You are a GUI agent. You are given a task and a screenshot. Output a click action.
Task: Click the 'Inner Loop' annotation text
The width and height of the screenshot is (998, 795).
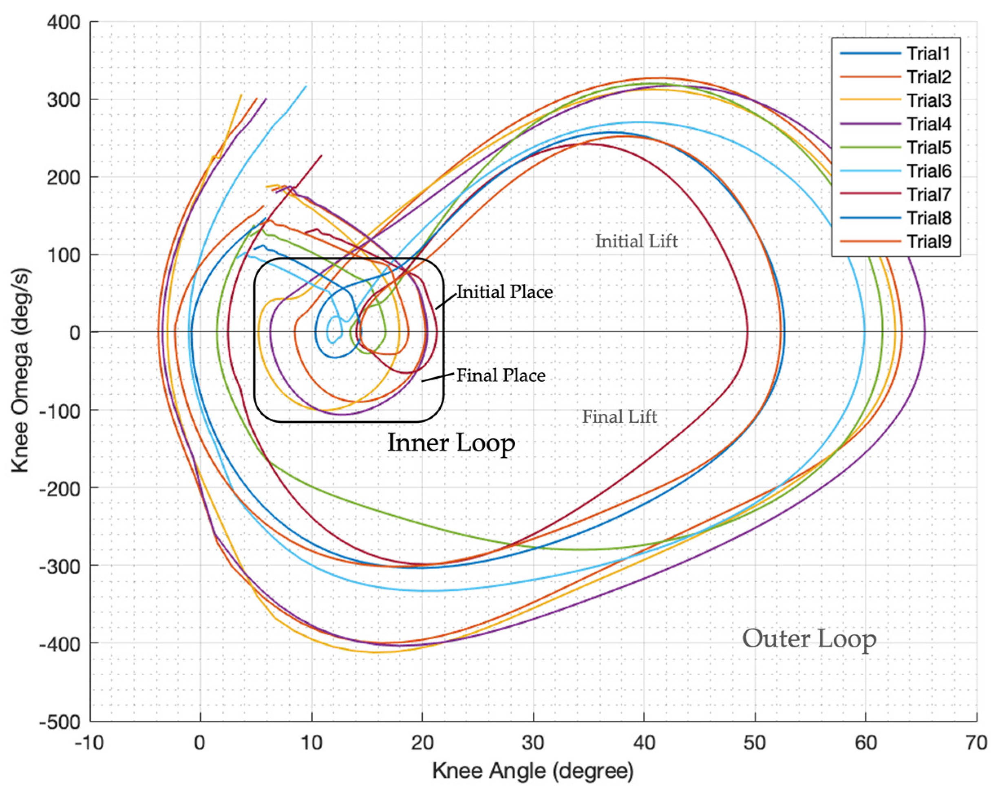coord(451,443)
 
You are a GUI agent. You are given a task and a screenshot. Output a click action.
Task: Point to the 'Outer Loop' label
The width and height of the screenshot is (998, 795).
coord(809,639)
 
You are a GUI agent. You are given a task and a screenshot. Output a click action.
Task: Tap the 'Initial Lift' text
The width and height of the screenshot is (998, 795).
coord(636,241)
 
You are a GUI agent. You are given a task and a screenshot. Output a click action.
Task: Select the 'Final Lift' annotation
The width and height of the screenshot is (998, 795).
coord(619,417)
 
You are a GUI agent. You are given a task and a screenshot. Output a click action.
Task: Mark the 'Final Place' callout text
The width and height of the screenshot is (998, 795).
coord(501,375)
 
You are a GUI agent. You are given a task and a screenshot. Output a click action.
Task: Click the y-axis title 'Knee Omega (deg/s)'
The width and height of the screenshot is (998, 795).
coord(20,371)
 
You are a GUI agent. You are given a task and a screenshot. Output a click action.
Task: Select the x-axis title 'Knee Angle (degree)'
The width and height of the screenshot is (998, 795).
coord(533,771)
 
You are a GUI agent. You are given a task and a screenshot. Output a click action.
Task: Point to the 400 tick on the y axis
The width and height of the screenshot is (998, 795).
coord(64,22)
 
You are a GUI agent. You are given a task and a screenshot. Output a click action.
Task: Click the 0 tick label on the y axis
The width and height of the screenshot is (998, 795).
coord(75,332)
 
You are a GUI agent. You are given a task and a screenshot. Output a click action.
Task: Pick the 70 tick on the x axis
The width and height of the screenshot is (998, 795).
coord(976,743)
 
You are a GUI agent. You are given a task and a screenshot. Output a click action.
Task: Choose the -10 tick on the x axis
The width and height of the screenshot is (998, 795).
coord(89,743)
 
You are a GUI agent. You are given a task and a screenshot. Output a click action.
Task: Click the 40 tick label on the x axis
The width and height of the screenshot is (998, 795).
coord(644,743)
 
